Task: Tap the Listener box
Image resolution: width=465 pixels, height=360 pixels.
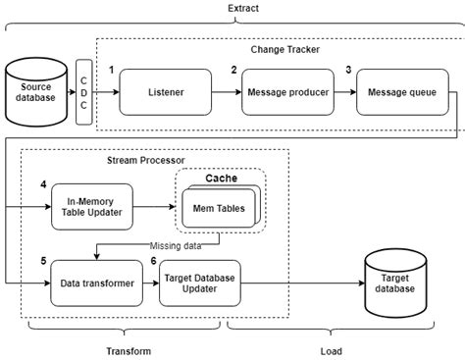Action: (x=166, y=92)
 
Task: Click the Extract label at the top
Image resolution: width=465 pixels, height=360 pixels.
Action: (x=232, y=8)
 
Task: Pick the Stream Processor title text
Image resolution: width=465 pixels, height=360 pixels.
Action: (x=145, y=160)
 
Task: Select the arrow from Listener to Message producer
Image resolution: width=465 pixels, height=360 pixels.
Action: (x=227, y=92)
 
